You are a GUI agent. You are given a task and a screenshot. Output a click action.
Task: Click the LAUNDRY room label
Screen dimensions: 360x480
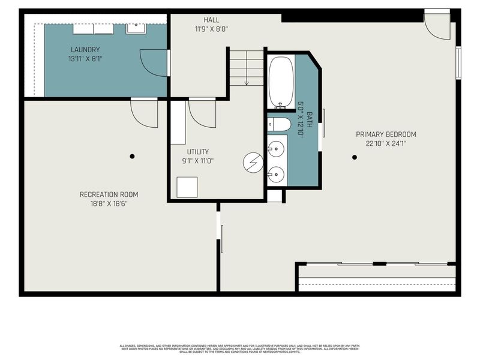[85, 49]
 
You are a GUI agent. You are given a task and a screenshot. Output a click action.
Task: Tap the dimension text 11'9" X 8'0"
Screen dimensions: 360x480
[211, 29]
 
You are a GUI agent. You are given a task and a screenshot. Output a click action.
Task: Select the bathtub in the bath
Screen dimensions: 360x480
[281, 82]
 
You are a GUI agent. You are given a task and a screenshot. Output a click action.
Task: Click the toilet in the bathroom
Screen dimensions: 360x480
[280, 124]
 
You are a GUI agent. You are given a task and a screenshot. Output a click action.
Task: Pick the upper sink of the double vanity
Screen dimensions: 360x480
[277, 148]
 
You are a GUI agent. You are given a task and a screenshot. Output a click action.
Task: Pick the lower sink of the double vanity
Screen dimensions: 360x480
[277, 174]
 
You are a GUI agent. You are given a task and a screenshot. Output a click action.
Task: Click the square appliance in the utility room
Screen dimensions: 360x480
[187, 187]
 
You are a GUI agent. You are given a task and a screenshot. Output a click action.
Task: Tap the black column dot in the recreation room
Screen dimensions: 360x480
[132, 157]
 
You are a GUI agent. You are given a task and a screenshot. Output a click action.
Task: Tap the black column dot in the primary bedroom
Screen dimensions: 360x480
[355, 157]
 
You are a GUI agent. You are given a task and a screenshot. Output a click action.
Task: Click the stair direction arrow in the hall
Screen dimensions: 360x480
[246, 83]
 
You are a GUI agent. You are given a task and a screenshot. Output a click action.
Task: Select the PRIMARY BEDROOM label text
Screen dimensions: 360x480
[386, 134]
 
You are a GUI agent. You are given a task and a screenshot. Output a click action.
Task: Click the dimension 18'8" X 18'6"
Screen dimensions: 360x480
[109, 203]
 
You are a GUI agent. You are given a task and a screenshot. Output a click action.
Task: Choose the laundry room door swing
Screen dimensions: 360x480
[154, 62]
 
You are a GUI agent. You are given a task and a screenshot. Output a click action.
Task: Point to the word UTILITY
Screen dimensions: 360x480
[197, 152]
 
